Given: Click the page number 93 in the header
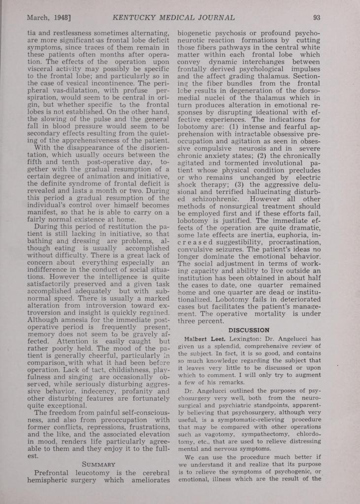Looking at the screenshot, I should tap(317, 18).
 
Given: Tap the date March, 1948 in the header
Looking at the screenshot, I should tap(49, 18).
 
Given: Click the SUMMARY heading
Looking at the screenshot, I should tap(99, 464).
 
